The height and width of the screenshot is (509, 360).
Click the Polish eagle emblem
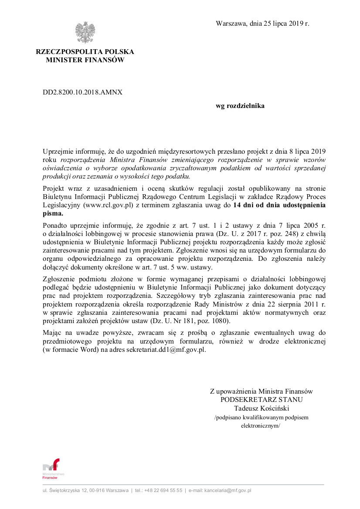point(85,33)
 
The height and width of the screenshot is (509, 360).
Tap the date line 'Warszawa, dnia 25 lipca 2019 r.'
point(262,24)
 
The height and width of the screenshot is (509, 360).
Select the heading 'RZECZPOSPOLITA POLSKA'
point(85,52)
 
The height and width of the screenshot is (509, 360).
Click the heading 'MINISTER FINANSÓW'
point(85,60)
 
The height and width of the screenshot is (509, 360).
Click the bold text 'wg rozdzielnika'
point(240,106)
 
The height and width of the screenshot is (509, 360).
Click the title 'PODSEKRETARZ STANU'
point(262,400)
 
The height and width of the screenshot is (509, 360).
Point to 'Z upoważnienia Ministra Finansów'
point(262,391)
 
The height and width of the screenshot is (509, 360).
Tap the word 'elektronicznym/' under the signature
point(261,426)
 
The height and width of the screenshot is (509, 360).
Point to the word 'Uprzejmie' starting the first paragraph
point(57,152)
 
